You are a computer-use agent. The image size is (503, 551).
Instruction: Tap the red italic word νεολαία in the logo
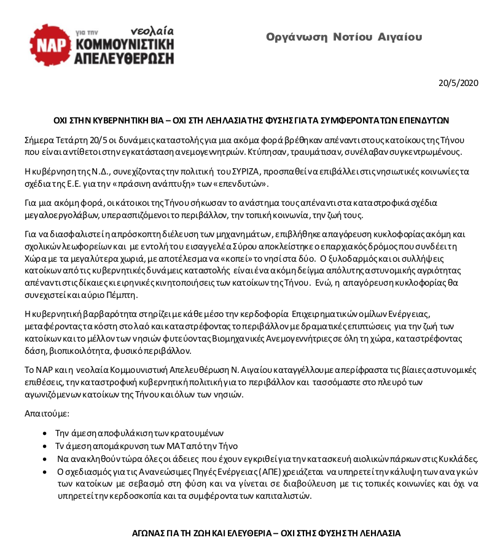click(x=152, y=30)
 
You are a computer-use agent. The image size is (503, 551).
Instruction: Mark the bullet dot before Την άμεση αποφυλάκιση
click(x=45, y=432)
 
